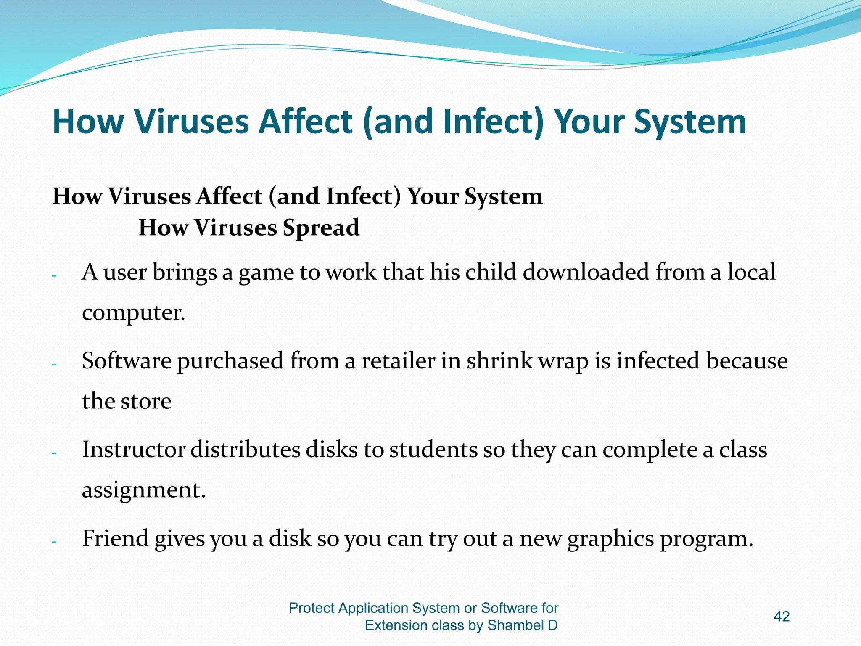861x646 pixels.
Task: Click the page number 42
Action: pos(782,617)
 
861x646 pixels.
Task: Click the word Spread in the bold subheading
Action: pos(321,228)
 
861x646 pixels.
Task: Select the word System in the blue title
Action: pos(690,122)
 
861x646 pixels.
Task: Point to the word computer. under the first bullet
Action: pos(133,312)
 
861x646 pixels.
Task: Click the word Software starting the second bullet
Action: pos(126,361)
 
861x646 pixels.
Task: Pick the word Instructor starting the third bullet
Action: pos(133,450)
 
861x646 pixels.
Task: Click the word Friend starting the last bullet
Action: pos(115,538)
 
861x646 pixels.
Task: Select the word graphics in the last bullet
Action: pos(610,539)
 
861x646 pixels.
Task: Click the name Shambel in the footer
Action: pos(515,625)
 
